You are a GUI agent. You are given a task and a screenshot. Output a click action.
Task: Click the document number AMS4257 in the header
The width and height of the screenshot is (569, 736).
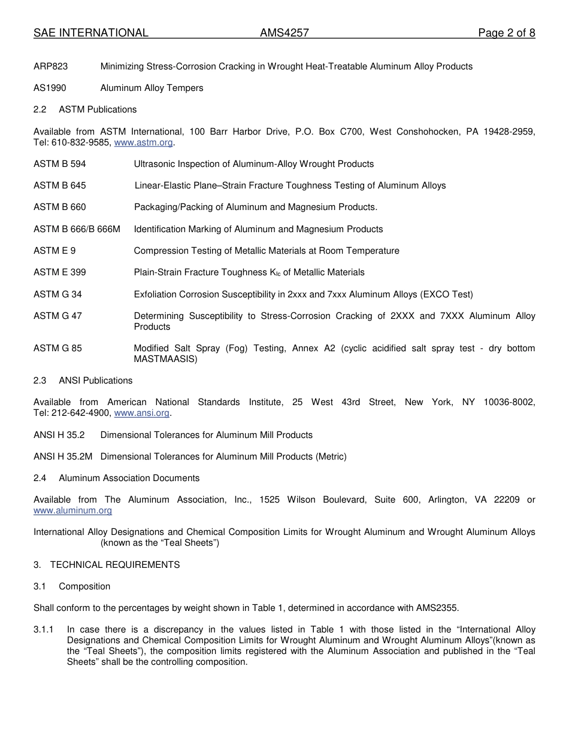(284, 33)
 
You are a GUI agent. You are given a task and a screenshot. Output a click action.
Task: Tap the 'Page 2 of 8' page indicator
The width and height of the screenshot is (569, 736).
(506, 33)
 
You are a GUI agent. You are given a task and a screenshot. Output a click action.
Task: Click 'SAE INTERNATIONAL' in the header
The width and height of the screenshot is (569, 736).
(90, 33)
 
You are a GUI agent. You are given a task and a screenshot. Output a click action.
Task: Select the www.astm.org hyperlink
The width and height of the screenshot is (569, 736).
(143, 142)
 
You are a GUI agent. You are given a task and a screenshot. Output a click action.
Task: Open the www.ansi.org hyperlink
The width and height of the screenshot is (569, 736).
(141, 413)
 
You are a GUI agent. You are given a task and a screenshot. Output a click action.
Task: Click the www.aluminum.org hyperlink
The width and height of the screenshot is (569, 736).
(72, 510)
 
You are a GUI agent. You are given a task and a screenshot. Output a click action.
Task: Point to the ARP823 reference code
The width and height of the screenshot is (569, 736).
(50, 66)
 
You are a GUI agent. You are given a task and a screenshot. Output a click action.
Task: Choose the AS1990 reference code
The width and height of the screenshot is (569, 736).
(50, 88)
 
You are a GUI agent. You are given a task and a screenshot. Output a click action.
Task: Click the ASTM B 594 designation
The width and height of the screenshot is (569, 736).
(59, 164)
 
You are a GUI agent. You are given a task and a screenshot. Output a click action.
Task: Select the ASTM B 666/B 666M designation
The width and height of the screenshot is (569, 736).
(77, 229)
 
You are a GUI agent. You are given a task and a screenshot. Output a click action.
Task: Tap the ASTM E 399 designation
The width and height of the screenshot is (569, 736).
(59, 272)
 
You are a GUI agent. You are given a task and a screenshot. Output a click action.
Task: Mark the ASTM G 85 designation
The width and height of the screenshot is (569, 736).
(57, 348)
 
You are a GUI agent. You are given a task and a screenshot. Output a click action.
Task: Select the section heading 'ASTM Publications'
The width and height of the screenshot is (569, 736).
(98, 110)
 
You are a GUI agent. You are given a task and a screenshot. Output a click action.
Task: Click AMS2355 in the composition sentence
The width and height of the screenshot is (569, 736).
(436, 608)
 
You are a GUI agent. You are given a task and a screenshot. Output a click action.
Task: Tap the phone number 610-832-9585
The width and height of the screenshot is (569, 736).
(80, 142)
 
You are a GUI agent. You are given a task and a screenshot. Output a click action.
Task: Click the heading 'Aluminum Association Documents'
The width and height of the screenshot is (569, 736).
(129, 478)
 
